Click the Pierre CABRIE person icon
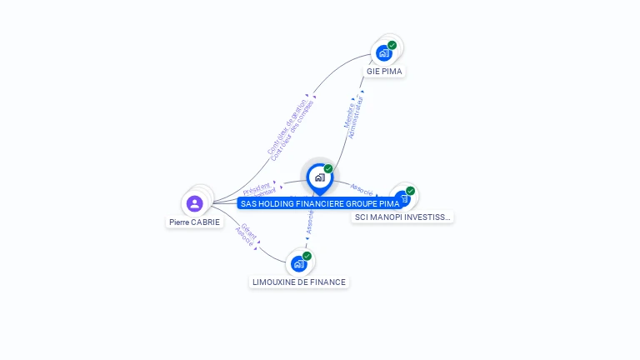point(195,203)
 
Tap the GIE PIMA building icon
point(383,52)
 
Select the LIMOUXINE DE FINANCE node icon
point(298,263)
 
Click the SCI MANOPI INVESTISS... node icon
point(402,198)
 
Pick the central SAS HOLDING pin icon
point(319,177)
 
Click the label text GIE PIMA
point(384,72)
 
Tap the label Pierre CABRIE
point(195,222)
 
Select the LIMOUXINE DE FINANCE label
point(299,282)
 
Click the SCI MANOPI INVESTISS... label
point(402,217)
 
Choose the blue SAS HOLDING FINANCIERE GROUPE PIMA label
point(320,203)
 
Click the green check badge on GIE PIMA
point(392,45)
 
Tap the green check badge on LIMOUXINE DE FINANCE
point(307,256)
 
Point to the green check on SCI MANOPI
point(411,191)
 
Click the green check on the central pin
point(328,169)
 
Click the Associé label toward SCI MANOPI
point(361,187)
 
